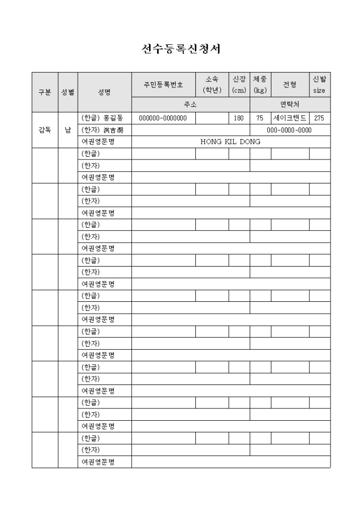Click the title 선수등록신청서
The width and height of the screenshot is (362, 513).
(181, 49)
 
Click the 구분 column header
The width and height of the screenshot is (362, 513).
(45, 92)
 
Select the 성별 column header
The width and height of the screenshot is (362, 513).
(68, 92)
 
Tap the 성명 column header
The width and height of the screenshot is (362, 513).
(104, 92)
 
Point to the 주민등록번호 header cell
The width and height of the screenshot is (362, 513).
(163, 85)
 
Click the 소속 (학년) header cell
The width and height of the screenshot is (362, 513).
(212, 85)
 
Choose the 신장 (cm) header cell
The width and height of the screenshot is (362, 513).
(239, 85)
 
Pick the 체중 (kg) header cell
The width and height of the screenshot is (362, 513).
(260, 85)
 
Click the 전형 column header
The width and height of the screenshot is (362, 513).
(290, 85)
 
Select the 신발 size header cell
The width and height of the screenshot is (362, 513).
(319, 85)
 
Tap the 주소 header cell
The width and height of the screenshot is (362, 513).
(191, 105)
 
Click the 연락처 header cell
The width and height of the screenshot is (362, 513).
(290, 105)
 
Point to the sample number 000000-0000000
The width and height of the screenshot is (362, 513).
(163, 118)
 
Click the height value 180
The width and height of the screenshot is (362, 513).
(239, 118)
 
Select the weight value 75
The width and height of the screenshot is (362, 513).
(260, 118)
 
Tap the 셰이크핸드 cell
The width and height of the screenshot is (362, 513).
(290, 118)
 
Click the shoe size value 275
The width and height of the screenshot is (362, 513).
(319, 118)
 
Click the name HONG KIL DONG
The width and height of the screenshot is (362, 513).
(231, 142)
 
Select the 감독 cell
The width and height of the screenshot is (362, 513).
(45, 130)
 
